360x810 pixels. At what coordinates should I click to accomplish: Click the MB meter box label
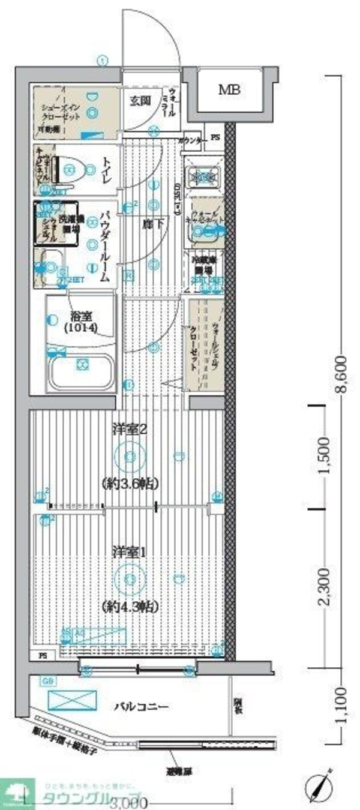point(229,91)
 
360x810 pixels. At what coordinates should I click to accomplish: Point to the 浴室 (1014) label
point(81,323)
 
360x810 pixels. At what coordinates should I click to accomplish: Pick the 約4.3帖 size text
point(130,606)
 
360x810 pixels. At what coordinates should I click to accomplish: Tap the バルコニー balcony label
point(141,707)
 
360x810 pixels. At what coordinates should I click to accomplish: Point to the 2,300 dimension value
point(324,586)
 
